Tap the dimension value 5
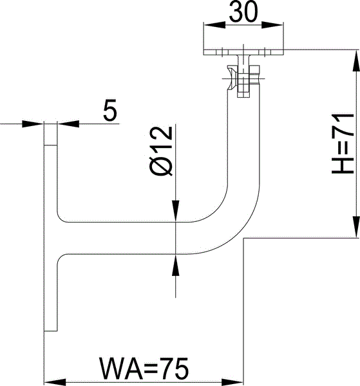tap(110, 110)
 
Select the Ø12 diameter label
tap(161, 151)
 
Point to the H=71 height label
tap(343, 143)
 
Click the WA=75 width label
tap(144, 368)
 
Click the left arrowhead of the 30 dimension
tap(214, 25)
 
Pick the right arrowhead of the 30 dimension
tap(272, 25)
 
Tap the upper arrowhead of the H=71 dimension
tap(357, 61)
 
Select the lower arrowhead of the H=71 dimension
tap(357, 227)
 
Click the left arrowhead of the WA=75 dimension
tap(55, 382)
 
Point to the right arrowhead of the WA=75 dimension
tap(232, 382)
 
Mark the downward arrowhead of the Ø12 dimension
tap(175, 211)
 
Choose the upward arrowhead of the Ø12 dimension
tap(175, 265)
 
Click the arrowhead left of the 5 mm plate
tap(33, 124)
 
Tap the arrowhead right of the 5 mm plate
tap(68, 124)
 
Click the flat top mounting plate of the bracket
tap(243, 52)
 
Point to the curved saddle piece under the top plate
tap(232, 78)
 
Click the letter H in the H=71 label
tap(343, 165)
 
